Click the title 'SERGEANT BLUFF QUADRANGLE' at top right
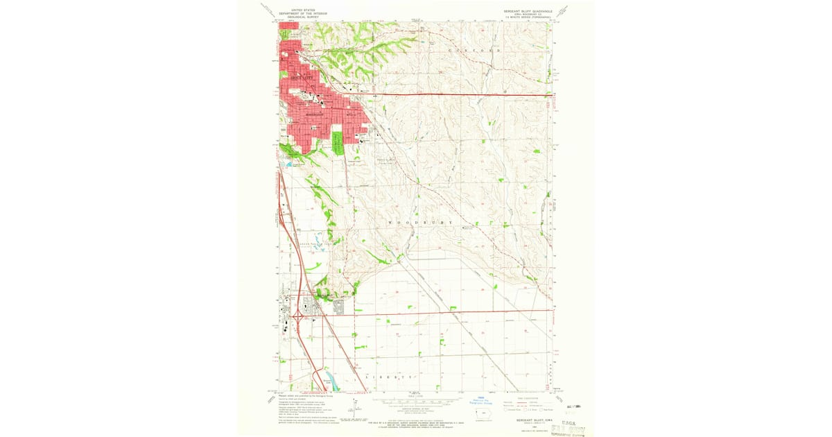pos(528,10)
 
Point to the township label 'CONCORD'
pos(474,51)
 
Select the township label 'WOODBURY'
pos(422,222)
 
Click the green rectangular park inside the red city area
pos(338,143)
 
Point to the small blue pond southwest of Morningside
pos(288,164)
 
